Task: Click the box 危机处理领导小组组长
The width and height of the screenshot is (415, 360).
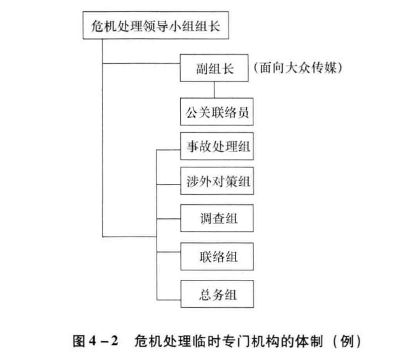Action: (x=155, y=25)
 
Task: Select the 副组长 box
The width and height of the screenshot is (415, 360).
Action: (x=214, y=68)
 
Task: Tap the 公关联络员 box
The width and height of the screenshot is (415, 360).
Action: (x=217, y=111)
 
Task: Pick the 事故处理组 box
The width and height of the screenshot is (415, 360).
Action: (x=217, y=146)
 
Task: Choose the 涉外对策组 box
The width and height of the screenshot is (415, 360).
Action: (x=217, y=181)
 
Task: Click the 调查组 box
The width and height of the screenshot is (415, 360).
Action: (x=217, y=218)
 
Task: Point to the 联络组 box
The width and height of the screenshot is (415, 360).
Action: (x=217, y=256)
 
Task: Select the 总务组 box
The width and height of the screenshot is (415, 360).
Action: (x=217, y=294)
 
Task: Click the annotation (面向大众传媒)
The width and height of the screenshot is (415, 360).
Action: (x=298, y=67)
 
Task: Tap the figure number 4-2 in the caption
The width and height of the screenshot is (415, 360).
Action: (x=104, y=341)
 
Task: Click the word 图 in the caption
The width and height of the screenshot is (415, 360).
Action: (x=79, y=341)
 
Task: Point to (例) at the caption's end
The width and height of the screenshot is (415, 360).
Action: (x=347, y=341)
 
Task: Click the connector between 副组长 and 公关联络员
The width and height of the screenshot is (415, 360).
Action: (x=214, y=90)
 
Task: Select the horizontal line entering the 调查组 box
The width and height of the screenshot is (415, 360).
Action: (x=169, y=219)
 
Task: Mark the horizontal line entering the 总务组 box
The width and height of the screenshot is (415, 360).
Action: (x=169, y=300)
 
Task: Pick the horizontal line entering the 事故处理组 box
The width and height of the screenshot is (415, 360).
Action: (x=168, y=150)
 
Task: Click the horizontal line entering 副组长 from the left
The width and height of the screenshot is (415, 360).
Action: (x=141, y=63)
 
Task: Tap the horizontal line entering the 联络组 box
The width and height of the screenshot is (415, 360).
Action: (x=169, y=252)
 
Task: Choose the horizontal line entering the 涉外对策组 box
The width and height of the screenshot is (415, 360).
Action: (x=169, y=184)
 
